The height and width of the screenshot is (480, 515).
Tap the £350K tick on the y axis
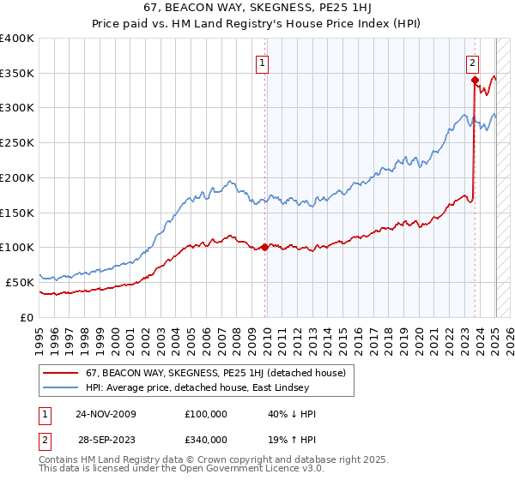click(17, 74)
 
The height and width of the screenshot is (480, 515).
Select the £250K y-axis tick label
click(17, 143)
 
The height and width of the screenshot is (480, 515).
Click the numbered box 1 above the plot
click(261, 62)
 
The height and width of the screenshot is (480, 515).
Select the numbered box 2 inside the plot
click(472, 62)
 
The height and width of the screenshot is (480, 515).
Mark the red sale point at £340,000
click(475, 81)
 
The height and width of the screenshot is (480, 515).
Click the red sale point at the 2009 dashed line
click(264, 247)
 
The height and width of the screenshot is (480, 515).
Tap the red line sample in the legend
click(60, 374)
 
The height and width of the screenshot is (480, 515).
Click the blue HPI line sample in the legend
click(60, 389)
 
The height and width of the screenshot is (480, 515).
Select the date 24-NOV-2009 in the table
click(106, 414)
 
